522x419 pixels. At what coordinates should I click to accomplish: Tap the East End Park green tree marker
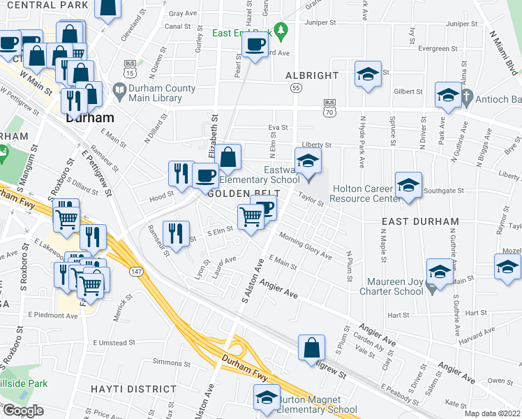(x=281, y=31)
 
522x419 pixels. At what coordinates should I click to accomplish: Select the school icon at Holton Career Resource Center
(x=409, y=185)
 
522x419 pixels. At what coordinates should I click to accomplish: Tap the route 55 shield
(x=297, y=88)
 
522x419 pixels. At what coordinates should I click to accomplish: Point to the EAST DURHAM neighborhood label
(x=420, y=221)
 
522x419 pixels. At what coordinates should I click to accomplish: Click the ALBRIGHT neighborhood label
(x=312, y=75)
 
